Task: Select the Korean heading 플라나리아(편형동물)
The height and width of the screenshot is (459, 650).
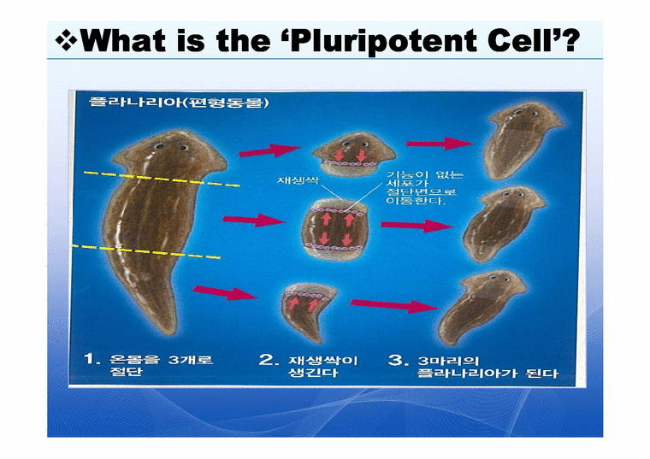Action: pyautogui.click(x=180, y=103)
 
